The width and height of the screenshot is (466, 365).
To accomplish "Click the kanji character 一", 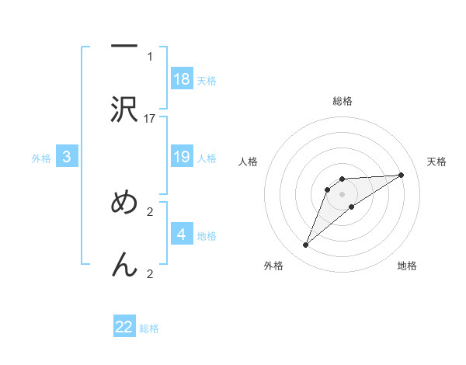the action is [124, 47].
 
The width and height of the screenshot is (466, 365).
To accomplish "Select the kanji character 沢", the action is [124, 109].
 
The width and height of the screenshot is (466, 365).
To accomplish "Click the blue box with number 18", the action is [182, 79].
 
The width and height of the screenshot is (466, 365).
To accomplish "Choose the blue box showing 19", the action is [182, 157].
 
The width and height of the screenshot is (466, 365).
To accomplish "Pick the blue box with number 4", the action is [182, 235].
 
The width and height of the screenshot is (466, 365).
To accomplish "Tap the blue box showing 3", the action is [67, 157].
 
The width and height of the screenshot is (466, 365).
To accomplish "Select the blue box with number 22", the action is [124, 327].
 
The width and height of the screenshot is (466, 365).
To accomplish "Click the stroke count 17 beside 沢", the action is [150, 119].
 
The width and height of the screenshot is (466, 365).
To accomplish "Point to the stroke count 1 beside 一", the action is [150, 57].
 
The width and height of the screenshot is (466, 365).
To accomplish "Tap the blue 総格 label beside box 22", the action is [149, 328].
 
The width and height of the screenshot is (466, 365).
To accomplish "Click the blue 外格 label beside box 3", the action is [41, 158].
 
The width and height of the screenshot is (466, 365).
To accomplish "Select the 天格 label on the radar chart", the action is [437, 162].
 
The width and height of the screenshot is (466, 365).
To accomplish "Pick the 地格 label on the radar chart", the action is [407, 266].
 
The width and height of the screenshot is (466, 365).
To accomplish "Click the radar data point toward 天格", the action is [402, 175].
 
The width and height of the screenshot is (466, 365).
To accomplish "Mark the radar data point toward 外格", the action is [306, 245].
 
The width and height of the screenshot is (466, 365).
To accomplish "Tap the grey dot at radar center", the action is [343, 194].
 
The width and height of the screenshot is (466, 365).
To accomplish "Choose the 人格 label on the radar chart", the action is [248, 162].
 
